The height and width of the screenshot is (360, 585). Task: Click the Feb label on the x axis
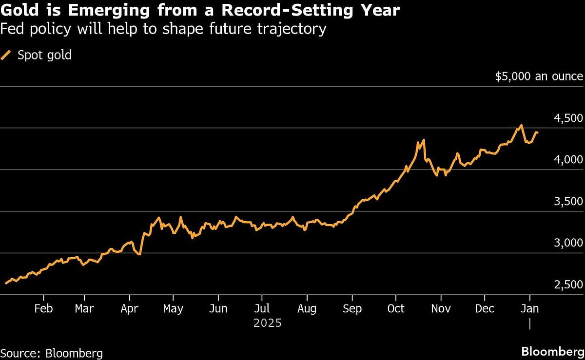pyautogui.click(x=44, y=309)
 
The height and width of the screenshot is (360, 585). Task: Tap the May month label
pyautogui.click(x=173, y=309)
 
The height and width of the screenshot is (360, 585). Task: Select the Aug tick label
pyautogui.click(x=307, y=309)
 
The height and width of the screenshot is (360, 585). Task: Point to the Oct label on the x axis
pyautogui.click(x=396, y=309)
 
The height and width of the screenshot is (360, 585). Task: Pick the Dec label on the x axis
pyautogui.click(x=485, y=309)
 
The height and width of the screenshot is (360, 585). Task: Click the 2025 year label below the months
pyautogui.click(x=268, y=322)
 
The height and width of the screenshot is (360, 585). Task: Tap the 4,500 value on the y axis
pyautogui.click(x=569, y=118)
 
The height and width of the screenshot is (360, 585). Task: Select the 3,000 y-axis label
pyautogui.click(x=569, y=243)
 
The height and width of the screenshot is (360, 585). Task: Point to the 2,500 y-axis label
pyautogui.click(x=569, y=284)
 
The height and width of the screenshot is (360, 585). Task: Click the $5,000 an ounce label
pyautogui.click(x=539, y=76)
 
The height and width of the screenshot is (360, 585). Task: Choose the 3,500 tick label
pyautogui.click(x=569, y=202)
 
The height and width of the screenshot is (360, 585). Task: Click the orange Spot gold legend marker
pyautogui.click(x=6, y=56)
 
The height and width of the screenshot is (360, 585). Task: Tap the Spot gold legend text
pyautogui.click(x=44, y=55)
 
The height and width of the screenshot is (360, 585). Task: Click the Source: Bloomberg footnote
pyautogui.click(x=52, y=353)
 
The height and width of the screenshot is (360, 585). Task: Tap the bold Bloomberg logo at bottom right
pyautogui.click(x=552, y=352)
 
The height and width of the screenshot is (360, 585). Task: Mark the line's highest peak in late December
pyautogui.click(x=521, y=125)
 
